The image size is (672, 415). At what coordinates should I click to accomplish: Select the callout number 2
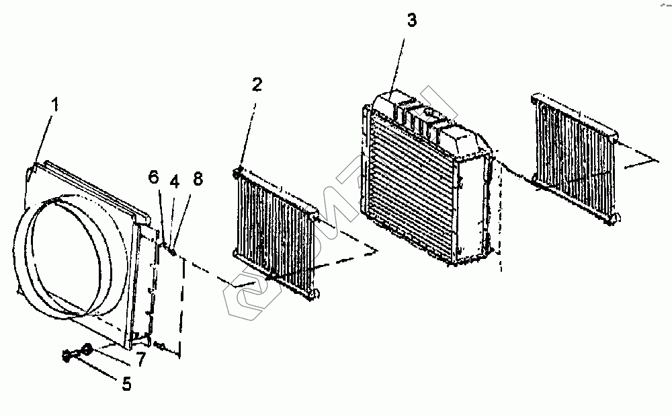tap(257, 85)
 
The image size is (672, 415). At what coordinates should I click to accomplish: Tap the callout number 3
tap(412, 20)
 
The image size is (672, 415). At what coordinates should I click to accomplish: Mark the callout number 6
tap(153, 178)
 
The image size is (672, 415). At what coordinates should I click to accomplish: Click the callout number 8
tap(198, 179)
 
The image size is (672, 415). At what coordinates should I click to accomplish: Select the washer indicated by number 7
tap(87, 349)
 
